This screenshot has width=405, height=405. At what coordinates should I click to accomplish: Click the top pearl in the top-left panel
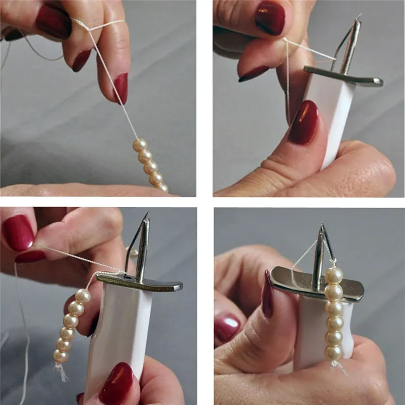pyautogui.click(x=140, y=145)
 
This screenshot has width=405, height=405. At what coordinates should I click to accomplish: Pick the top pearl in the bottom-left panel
pyautogui.click(x=83, y=296)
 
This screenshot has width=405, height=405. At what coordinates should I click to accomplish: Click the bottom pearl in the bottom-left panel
pyautogui.click(x=61, y=356)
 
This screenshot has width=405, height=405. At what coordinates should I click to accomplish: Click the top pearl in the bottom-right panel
pyautogui.click(x=334, y=275)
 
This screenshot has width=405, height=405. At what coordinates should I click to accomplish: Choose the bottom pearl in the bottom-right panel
pyautogui.click(x=334, y=352)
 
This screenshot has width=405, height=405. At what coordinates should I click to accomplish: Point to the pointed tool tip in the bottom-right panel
pyautogui.click(x=321, y=226)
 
